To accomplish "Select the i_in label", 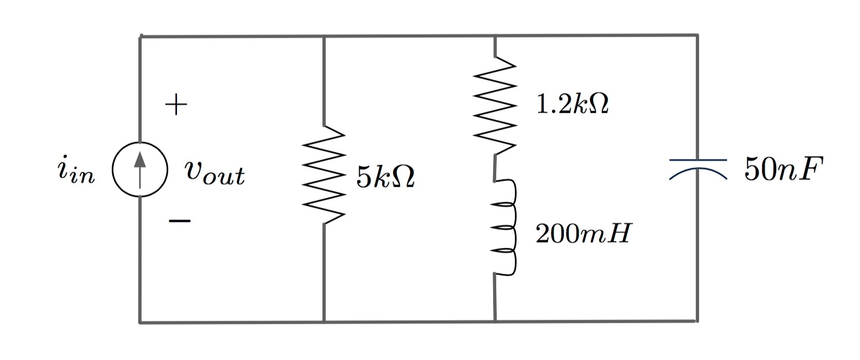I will (76, 172).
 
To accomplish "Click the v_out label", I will (214, 173).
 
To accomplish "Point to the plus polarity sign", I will (176, 105).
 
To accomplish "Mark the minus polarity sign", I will (179, 221).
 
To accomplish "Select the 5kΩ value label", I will (385, 178).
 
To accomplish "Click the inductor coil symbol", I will (505, 228).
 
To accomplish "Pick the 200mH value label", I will (583, 234).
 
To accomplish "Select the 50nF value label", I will (783, 169).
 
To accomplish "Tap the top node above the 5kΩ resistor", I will (324, 37).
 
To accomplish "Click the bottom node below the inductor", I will (495, 321).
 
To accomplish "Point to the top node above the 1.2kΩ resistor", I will (495, 36).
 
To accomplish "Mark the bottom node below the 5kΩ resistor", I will (324, 322).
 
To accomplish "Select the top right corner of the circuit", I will (697, 36).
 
